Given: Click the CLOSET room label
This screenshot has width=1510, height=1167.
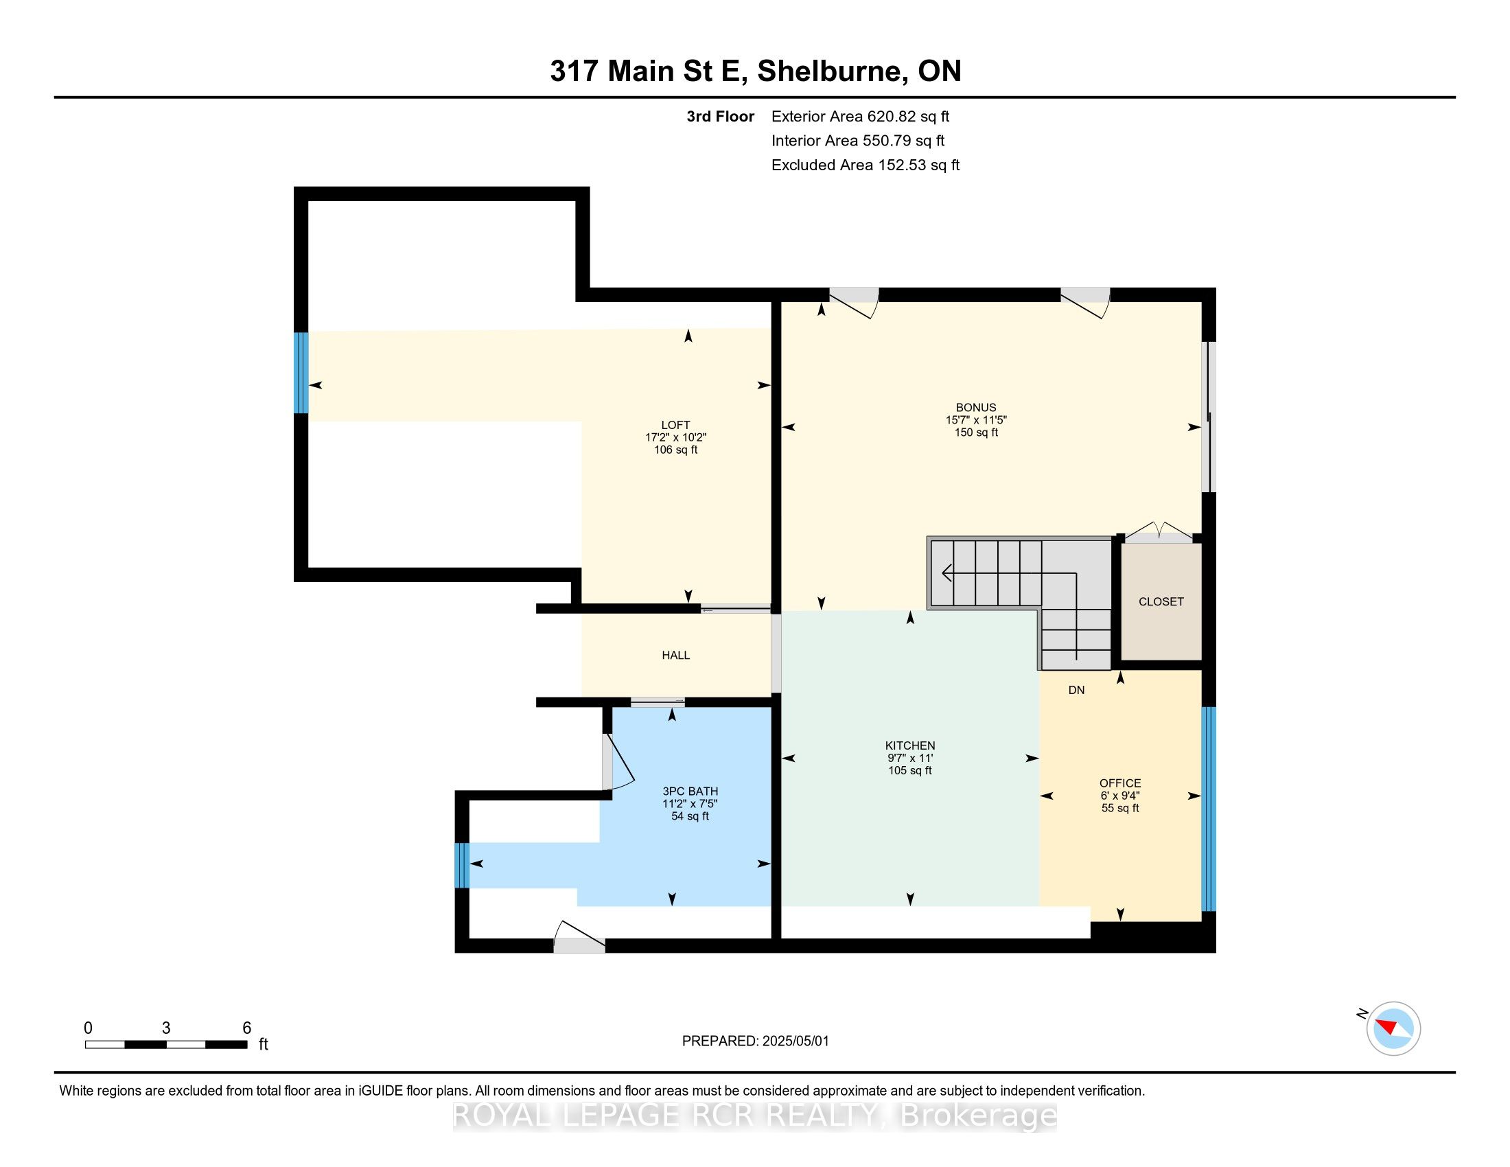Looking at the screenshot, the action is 1161,601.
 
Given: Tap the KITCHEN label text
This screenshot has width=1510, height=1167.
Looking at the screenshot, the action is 910,746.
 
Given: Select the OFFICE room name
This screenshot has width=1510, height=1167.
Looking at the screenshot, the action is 1120,783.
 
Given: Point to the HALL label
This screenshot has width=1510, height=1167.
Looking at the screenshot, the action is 675,656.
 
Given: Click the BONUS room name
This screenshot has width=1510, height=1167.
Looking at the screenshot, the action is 975,408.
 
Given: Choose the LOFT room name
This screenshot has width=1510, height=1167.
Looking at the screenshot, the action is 675,425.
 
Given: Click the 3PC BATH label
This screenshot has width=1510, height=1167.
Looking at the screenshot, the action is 690,792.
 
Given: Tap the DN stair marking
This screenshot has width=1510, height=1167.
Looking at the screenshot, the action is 1076,690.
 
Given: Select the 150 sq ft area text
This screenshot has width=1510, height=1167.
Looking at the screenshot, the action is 976,432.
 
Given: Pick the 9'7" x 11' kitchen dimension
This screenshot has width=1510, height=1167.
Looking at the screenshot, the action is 910,758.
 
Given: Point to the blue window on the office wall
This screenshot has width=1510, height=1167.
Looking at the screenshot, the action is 1208,809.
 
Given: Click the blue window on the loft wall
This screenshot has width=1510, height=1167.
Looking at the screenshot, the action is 301,373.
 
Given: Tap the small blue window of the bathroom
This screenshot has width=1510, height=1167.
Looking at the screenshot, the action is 462,865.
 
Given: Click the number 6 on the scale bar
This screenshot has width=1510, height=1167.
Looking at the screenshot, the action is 247,1028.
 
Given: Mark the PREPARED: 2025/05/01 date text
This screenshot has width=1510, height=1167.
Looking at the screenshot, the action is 755,1041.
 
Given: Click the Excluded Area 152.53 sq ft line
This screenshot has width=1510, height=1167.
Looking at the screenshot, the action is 866,165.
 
